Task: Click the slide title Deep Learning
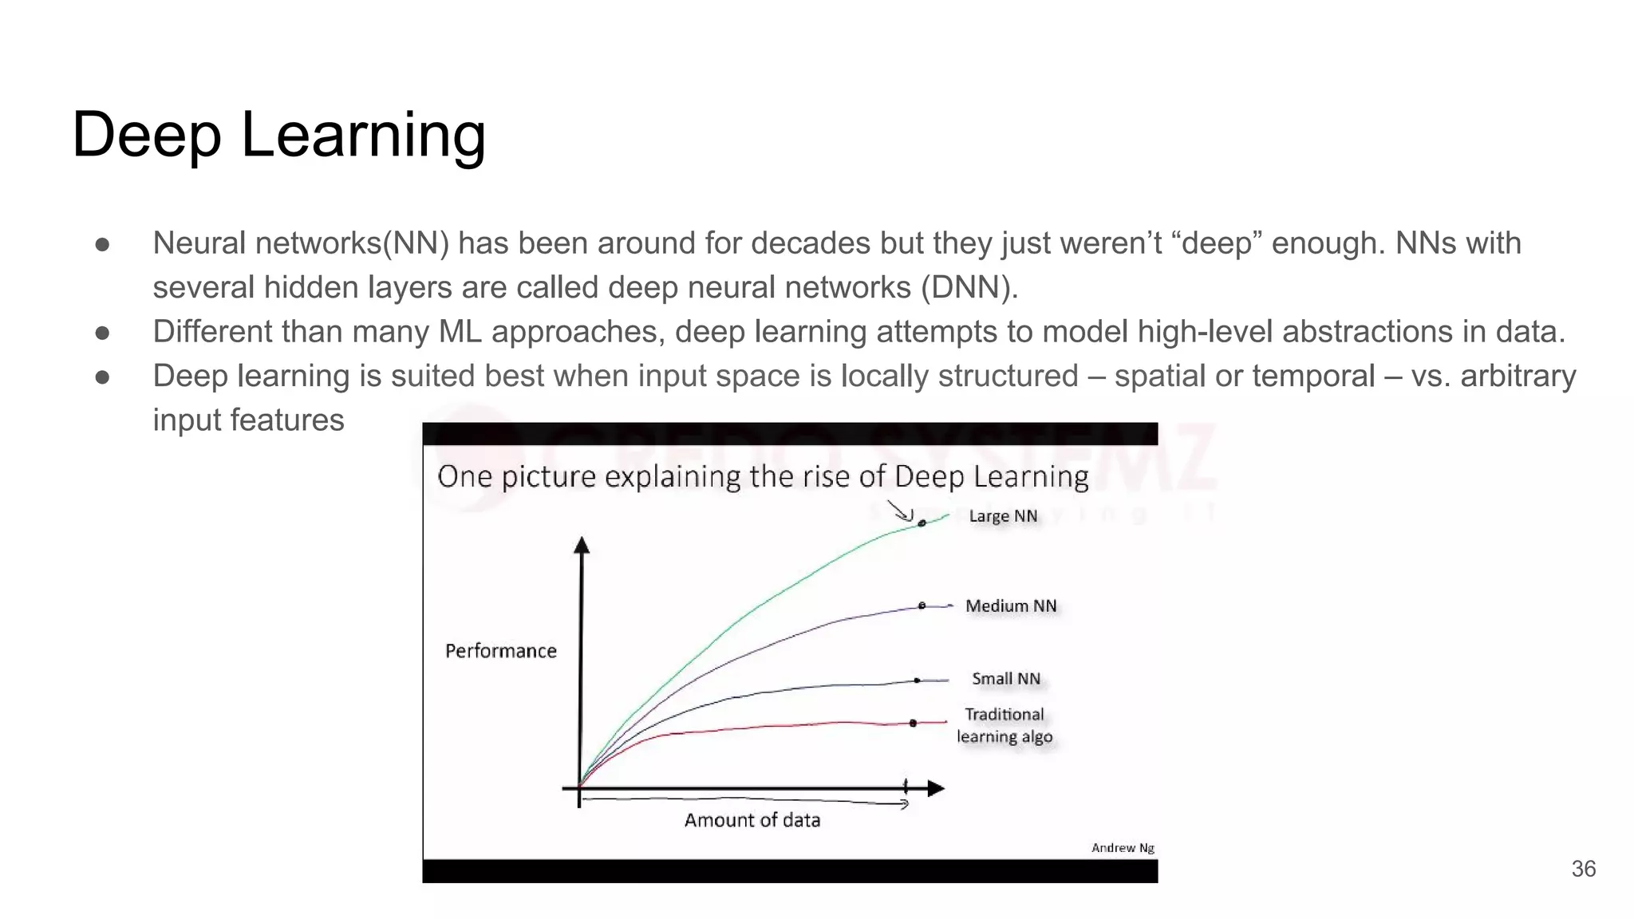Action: pyautogui.click(x=278, y=135)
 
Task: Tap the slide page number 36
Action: pyautogui.click(x=1583, y=869)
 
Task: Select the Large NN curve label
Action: pyautogui.click(x=1003, y=516)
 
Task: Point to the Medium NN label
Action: pyautogui.click(x=1011, y=606)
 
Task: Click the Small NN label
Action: pyautogui.click(x=1006, y=679)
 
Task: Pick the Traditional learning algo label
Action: pyautogui.click(x=1004, y=725)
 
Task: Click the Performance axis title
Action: pyautogui.click(x=500, y=651)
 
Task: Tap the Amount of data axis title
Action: pyautogui.click(x=752, y=820)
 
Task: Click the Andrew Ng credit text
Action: pyautogui.click(x=1123, y=847)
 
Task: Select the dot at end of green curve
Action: pyautogui.click(x=922, y=523)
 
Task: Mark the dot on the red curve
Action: pyautogui.click(x=913, y=723)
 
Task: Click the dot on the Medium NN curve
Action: pyautogui.click(x=922, y=606)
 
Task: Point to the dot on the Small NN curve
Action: pyautogui.click(x=917, y=680)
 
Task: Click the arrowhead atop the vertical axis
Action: pyautogui.click(x=582, y=545)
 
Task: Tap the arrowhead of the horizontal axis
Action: pyautogui.click(x=936, y=788)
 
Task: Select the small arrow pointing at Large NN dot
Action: pyautogui.click(x=900, y=511)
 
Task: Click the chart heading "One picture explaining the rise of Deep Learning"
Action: pyautogui.click(x=762, y=476)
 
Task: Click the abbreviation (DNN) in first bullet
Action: pyautogui.click(x=969, y=287)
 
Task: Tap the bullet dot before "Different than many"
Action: pyautogui.click(x=102, y=332)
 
